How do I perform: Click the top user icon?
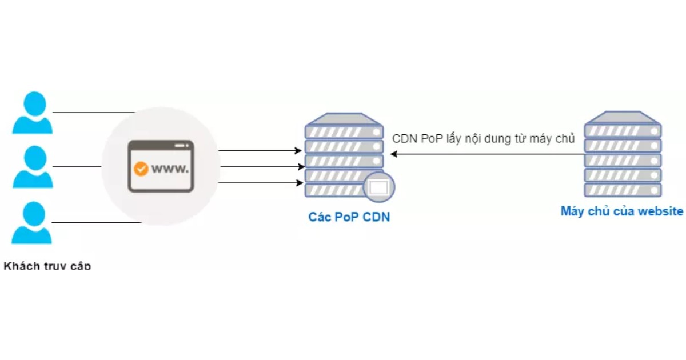(32, 113)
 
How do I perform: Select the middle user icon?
(32, 167)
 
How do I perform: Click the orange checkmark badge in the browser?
(140, 169)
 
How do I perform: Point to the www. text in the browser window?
(170, 169)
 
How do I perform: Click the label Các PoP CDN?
(349, 217)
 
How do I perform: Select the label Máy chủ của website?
(621, 211)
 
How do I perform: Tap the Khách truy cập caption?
(47, 266)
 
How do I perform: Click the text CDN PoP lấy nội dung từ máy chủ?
(483, 139)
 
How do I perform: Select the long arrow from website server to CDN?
(486, 154)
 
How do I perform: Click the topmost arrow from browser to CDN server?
(260, 151)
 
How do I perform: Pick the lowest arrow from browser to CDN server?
(260, 183)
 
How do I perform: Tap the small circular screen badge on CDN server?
(379, 186)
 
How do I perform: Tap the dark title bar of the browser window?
(161, 146)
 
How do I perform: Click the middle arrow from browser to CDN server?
(260, 167)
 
